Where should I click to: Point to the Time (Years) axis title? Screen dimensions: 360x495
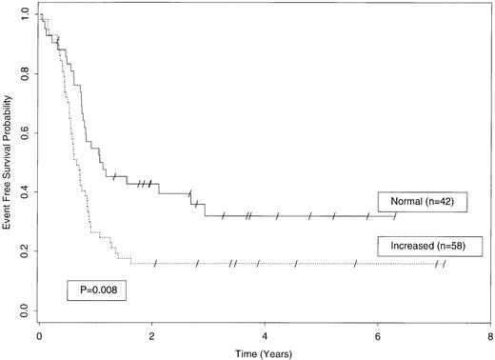coord(264,351)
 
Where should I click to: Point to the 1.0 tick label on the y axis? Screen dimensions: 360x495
coord(23,16)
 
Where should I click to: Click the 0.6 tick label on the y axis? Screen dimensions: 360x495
coord(23,134)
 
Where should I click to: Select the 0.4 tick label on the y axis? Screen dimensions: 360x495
coord(23,192)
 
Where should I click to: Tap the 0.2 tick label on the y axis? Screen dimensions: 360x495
coord(23,251)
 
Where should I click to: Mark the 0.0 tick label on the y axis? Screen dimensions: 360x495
coord(23,310)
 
